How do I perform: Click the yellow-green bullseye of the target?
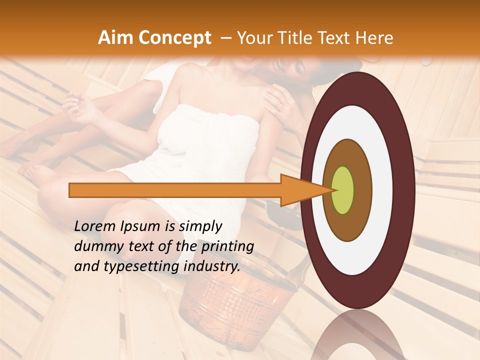[343, 190]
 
